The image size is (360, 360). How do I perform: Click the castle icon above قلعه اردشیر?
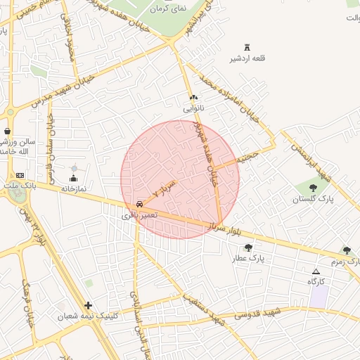247,46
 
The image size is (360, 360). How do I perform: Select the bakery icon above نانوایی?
193,98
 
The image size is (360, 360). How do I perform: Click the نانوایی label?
193,109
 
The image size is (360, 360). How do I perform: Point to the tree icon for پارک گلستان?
313,188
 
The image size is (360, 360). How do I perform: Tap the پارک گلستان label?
313,200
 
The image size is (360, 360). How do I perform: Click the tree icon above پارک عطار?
248,247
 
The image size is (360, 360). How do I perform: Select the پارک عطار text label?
248,259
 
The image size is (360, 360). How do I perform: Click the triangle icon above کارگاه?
316,271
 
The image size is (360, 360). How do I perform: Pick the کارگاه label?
316,282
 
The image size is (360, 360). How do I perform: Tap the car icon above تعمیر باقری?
141,203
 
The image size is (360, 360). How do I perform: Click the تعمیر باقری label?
141,214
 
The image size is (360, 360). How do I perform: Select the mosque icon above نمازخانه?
74,178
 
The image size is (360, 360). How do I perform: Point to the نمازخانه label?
74,188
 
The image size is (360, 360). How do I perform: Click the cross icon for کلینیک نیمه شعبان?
88,305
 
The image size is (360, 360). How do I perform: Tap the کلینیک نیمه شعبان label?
88,316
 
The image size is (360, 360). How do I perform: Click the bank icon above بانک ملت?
19,174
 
